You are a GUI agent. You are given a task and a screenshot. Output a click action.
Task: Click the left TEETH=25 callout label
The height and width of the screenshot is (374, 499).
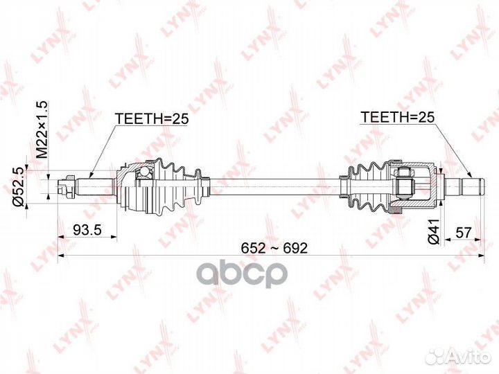(152, 118)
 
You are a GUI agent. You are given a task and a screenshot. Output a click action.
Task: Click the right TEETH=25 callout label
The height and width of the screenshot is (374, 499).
(397, 117)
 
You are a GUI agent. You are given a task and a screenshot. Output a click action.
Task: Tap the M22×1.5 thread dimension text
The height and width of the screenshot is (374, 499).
(42, 130)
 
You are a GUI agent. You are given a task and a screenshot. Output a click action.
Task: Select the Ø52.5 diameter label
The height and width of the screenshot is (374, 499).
(18, 187)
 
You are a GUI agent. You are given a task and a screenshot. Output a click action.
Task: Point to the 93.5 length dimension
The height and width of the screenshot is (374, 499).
(87, 230)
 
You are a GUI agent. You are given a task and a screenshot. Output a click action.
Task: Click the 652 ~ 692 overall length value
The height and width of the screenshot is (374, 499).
(274, 248)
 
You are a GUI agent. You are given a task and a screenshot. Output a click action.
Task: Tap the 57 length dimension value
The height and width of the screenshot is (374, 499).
(463, 233)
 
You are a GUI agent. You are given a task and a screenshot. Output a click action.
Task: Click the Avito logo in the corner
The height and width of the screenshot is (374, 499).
(459, 357)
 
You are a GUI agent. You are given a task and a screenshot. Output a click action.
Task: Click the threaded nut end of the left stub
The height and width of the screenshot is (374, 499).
(67, 186)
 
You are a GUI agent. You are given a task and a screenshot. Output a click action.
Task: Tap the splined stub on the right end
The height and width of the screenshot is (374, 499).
(464, 187)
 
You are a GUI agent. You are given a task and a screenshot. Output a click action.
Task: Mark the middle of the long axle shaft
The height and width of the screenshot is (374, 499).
(275, 187)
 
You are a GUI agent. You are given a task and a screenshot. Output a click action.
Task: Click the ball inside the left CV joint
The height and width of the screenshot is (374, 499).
(144, 172)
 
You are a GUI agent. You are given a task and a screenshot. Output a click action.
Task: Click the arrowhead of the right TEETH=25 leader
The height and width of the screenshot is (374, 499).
(471, 175)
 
